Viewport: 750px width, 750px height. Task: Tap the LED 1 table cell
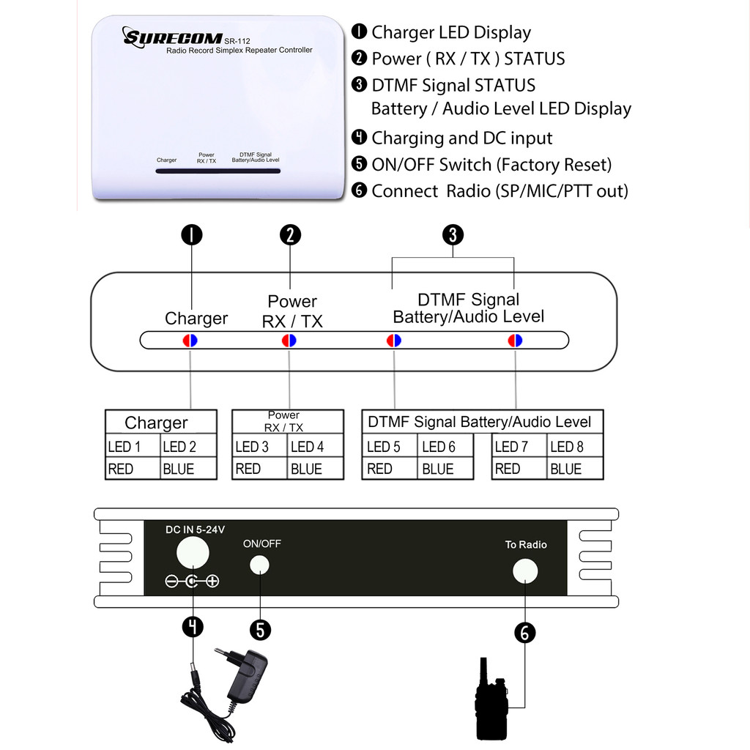132,447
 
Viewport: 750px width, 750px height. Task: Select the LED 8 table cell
575,447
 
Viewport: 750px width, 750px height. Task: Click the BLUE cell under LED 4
316,469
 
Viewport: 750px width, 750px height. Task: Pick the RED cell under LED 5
389,469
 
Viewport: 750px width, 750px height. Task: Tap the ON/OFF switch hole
259,565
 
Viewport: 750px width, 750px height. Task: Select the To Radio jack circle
525,571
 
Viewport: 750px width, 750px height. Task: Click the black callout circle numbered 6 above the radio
525,631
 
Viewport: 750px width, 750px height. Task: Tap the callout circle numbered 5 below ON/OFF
260,630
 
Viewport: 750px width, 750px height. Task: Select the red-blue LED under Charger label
190,341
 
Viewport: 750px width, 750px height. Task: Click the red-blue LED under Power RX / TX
289,341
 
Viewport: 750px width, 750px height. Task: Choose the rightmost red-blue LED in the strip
516,341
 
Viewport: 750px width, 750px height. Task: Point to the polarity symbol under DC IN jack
192,582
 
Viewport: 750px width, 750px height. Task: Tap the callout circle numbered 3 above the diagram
453,235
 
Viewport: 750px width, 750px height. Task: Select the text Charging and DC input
461,138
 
